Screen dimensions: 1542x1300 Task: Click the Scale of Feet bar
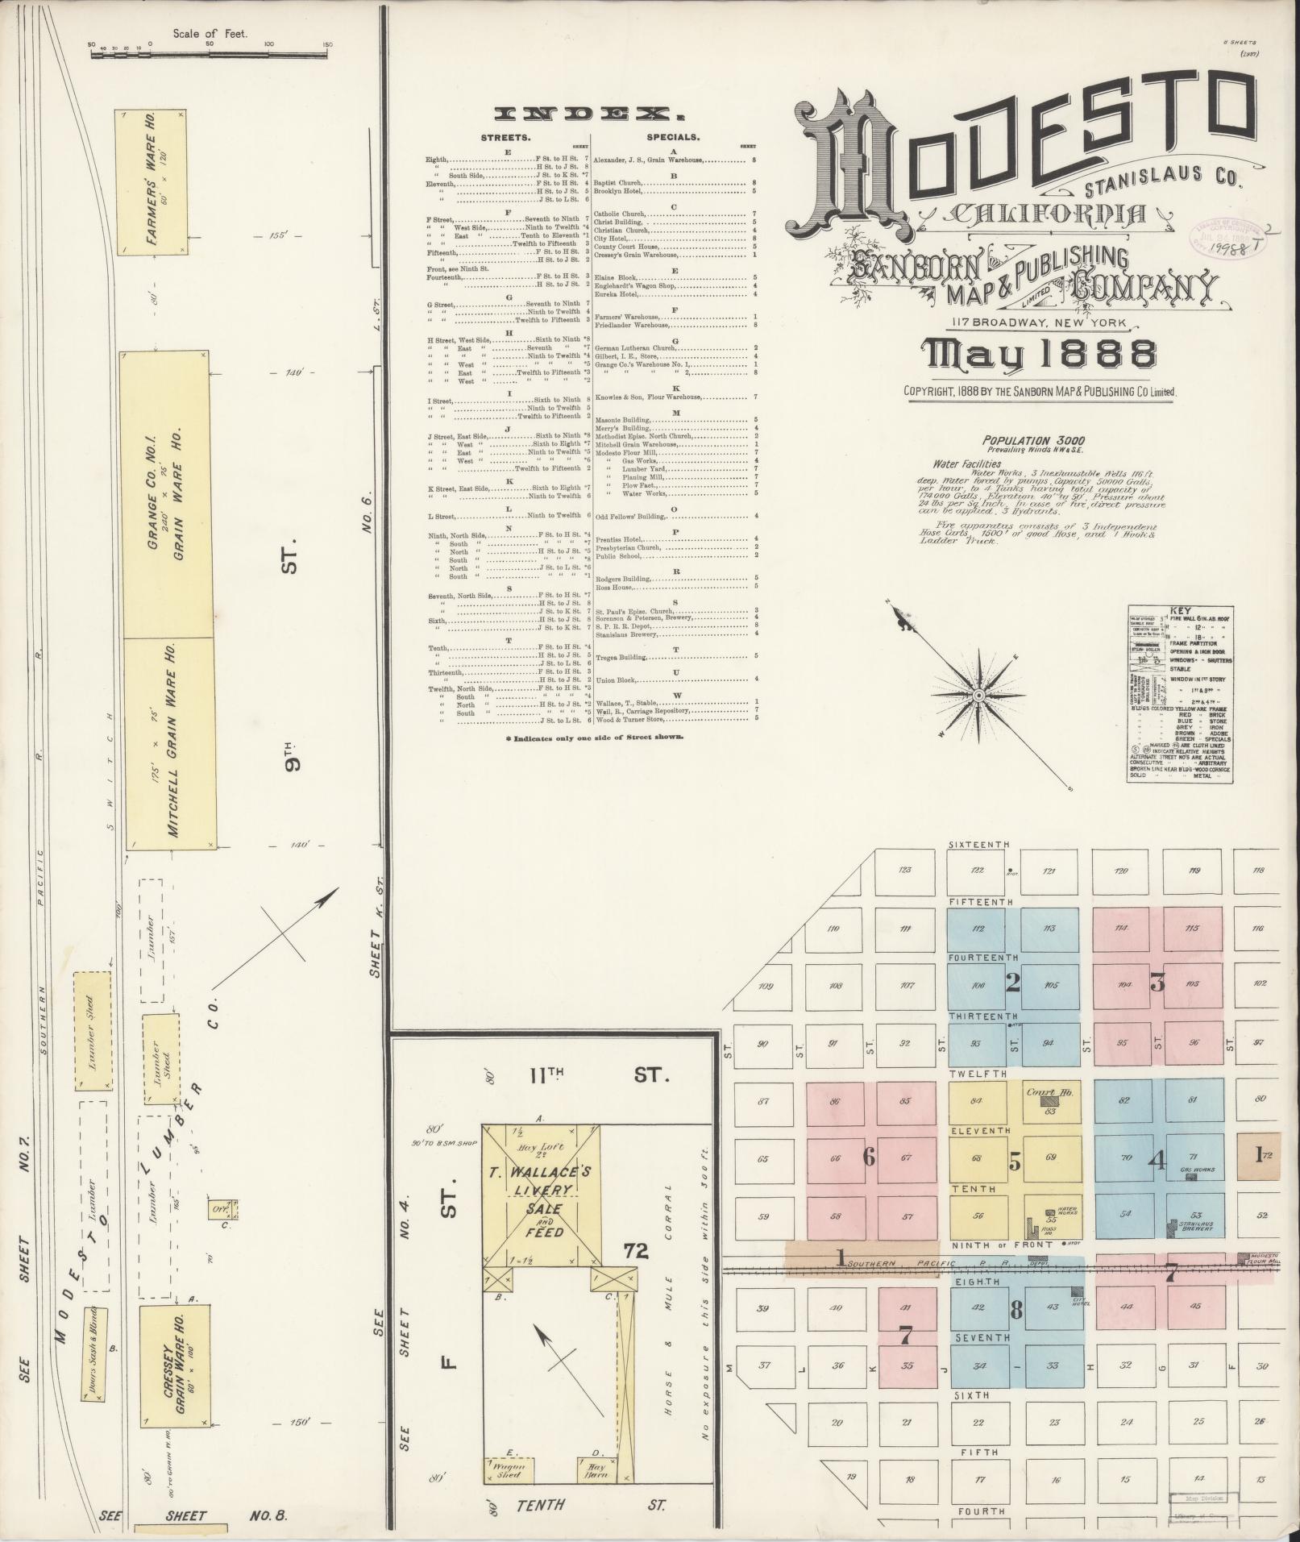click(210, 54)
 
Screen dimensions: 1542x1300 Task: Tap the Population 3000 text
click(1032, 440)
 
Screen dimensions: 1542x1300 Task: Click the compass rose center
click(978, 695)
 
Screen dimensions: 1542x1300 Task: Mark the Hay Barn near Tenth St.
click(596, 1469)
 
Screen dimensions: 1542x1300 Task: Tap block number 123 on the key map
click(904, 870)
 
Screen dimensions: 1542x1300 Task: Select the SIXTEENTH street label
click(978, 844)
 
